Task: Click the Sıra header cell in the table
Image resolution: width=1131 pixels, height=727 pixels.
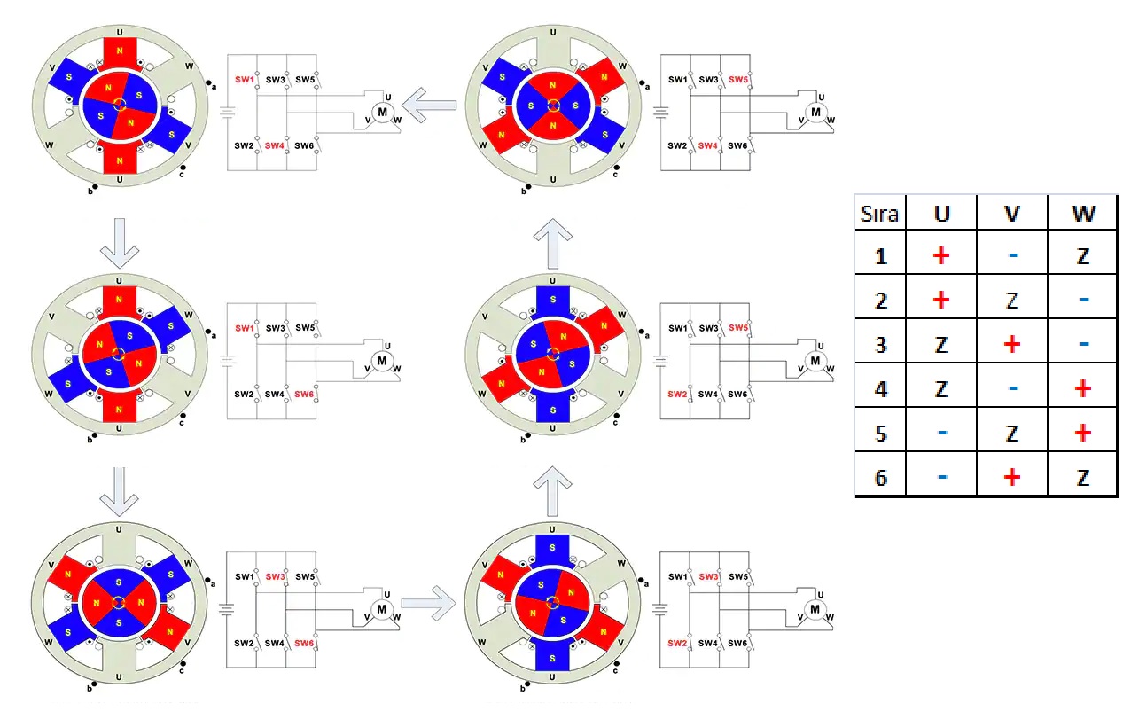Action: coord(879,214)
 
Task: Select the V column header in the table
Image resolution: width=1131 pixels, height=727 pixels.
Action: coord(1011,214)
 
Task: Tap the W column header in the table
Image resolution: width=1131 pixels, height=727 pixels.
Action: coord(1082,214)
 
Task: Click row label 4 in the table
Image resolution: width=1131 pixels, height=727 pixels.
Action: coord(880,388)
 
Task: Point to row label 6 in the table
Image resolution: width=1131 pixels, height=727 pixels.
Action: coord(880,477)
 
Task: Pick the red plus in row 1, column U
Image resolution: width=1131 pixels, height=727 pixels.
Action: coord(941,256)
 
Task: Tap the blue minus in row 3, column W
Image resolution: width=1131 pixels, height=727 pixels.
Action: coord(1082,344)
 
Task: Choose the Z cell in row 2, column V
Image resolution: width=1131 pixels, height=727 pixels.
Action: coord(1011,301)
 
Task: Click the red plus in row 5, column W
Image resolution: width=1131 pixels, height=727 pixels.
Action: coord(1082,433)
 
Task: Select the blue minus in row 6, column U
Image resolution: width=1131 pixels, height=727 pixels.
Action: coord(941,477)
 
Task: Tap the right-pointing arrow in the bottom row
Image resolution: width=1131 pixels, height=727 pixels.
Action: coord(427,604)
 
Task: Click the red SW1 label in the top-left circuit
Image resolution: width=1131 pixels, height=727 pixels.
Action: coord(244,80)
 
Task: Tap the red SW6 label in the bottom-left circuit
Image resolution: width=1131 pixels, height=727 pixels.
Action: coord(305,643)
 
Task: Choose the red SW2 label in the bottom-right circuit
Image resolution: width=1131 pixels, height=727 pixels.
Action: coord(677,643)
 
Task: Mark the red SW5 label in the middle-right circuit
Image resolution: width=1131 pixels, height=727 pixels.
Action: coord(738,328)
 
